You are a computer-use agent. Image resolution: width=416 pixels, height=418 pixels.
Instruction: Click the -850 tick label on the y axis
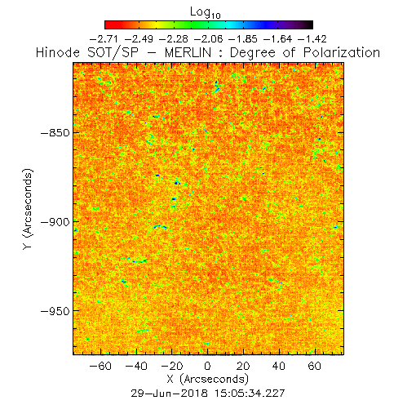tap(55, 133)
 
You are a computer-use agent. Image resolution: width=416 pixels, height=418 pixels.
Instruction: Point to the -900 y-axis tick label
tap(55, 222)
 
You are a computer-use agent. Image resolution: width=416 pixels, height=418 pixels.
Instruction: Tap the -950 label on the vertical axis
tap(55, 311)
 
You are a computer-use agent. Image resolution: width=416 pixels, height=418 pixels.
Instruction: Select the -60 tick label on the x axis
tap(100, 366)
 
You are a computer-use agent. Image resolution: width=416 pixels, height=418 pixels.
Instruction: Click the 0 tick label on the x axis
tap(207, 366)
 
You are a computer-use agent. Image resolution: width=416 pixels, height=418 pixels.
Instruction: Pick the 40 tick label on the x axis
tap(279, 366)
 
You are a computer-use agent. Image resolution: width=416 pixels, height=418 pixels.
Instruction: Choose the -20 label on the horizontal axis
tap(172, 366)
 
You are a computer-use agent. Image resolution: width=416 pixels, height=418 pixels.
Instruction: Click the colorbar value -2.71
tap(104, 39)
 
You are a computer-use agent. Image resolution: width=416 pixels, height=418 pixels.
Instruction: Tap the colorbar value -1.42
tap(312, 39)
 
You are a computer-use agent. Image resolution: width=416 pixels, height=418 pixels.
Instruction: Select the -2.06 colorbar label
tap(208, 39)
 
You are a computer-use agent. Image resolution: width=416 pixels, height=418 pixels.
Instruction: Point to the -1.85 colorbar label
tap(243, 39)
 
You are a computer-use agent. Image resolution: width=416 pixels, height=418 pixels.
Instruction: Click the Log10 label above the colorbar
tap(206, 13)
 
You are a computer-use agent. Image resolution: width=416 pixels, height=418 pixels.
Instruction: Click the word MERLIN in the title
tap(188, 52)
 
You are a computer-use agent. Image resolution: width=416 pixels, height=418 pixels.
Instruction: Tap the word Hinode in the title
tap(58, 52)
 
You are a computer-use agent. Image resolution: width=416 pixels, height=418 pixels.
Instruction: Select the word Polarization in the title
tap(342, 52)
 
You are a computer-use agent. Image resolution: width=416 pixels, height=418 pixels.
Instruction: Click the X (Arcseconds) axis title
tap(208, 379)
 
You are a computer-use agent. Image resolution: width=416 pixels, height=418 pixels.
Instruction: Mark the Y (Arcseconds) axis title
tap(28, 209)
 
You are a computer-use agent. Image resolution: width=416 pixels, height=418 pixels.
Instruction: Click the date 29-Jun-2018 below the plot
tap(170, 394)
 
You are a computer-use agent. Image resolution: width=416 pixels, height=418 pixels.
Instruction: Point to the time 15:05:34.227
tap(250, 394)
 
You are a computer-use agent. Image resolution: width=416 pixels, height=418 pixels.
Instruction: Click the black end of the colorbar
tap(309, 24)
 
